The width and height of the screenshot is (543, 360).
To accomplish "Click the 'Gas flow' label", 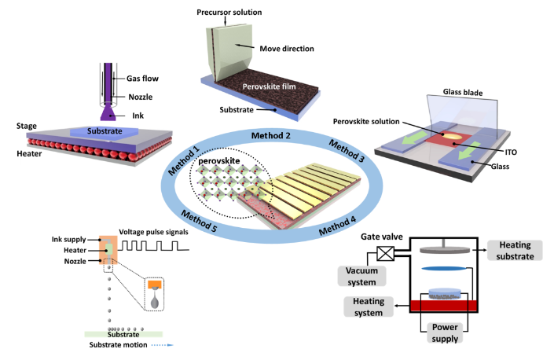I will [143, 79].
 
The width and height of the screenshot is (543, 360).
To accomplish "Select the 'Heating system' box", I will [368, 307].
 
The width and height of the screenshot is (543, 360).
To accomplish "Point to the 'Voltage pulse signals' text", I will [156, 232].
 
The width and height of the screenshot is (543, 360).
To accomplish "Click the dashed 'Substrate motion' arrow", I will [160, 343].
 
